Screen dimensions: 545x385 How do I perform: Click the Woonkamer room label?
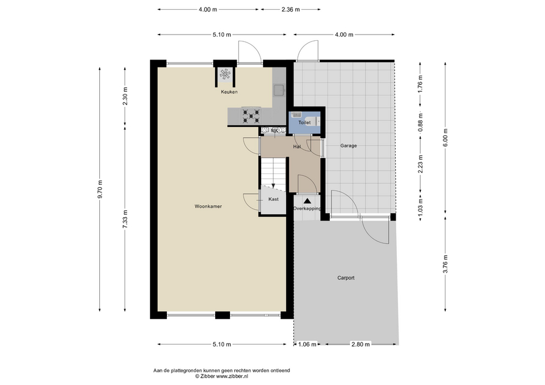[208, 206]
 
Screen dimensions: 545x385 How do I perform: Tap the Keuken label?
[229, 92]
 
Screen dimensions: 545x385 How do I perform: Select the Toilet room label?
[304, 122]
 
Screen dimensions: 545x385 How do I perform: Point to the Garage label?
[348, 146]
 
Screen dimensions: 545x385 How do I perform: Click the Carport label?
[346, 278]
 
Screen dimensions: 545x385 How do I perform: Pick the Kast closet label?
[274, 199]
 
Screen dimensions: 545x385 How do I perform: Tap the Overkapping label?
[307, 209]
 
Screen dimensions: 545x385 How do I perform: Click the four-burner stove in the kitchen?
[251, 116]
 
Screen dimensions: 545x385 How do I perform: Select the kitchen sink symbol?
[279, 90]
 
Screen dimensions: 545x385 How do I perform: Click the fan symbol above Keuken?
[225, 74]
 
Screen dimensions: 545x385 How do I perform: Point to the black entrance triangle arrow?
[307, 201]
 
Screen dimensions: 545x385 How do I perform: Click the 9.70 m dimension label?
[100, 189]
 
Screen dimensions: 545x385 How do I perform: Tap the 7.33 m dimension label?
[125, 219]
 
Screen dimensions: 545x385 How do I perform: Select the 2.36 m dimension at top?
[291, 10]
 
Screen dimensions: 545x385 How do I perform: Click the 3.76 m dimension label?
[445, 264]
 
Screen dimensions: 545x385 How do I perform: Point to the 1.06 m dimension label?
[308, 344]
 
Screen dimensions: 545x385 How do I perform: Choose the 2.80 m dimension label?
[360, 344]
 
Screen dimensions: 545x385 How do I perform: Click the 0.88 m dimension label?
[420, 122]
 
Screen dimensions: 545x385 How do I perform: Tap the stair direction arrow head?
[274, 186]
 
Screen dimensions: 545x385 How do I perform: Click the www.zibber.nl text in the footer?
[232, 376]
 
